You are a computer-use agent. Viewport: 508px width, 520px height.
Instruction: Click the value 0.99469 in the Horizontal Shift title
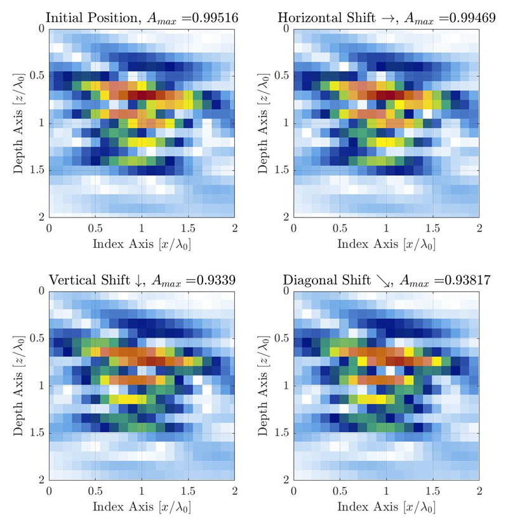[x=456, y=18]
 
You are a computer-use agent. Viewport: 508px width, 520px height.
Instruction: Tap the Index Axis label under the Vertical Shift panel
[x=142, y=507]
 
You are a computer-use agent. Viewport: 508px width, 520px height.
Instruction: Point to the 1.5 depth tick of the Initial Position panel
[x=36, y=170]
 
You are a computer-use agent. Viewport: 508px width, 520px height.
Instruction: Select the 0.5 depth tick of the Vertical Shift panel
[x=36, y=339]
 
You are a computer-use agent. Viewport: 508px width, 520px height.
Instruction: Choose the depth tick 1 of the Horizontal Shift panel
[x=284, y=122]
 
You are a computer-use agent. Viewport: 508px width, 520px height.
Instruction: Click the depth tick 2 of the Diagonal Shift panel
[x=284, y=479]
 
